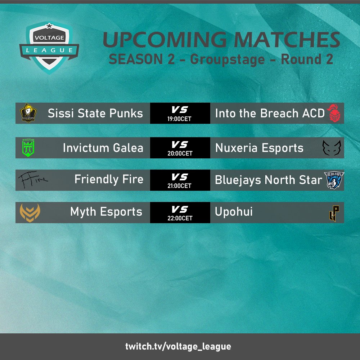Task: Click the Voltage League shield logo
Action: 49,48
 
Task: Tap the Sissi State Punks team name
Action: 95,113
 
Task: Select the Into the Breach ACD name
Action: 270,113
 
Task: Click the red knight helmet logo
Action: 334,114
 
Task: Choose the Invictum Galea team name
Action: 103,148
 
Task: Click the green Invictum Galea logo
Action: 28,148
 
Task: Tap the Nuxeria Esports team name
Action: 259,148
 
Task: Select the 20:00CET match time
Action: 180,153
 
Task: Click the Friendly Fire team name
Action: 109,179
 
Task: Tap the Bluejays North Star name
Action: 268,180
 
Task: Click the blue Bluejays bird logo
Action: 334,180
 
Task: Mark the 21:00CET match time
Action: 180,186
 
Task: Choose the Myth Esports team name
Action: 106,212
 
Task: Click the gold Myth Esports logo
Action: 30,212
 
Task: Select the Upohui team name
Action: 234,212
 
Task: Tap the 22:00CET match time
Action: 180,218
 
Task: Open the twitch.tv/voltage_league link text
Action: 178,347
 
